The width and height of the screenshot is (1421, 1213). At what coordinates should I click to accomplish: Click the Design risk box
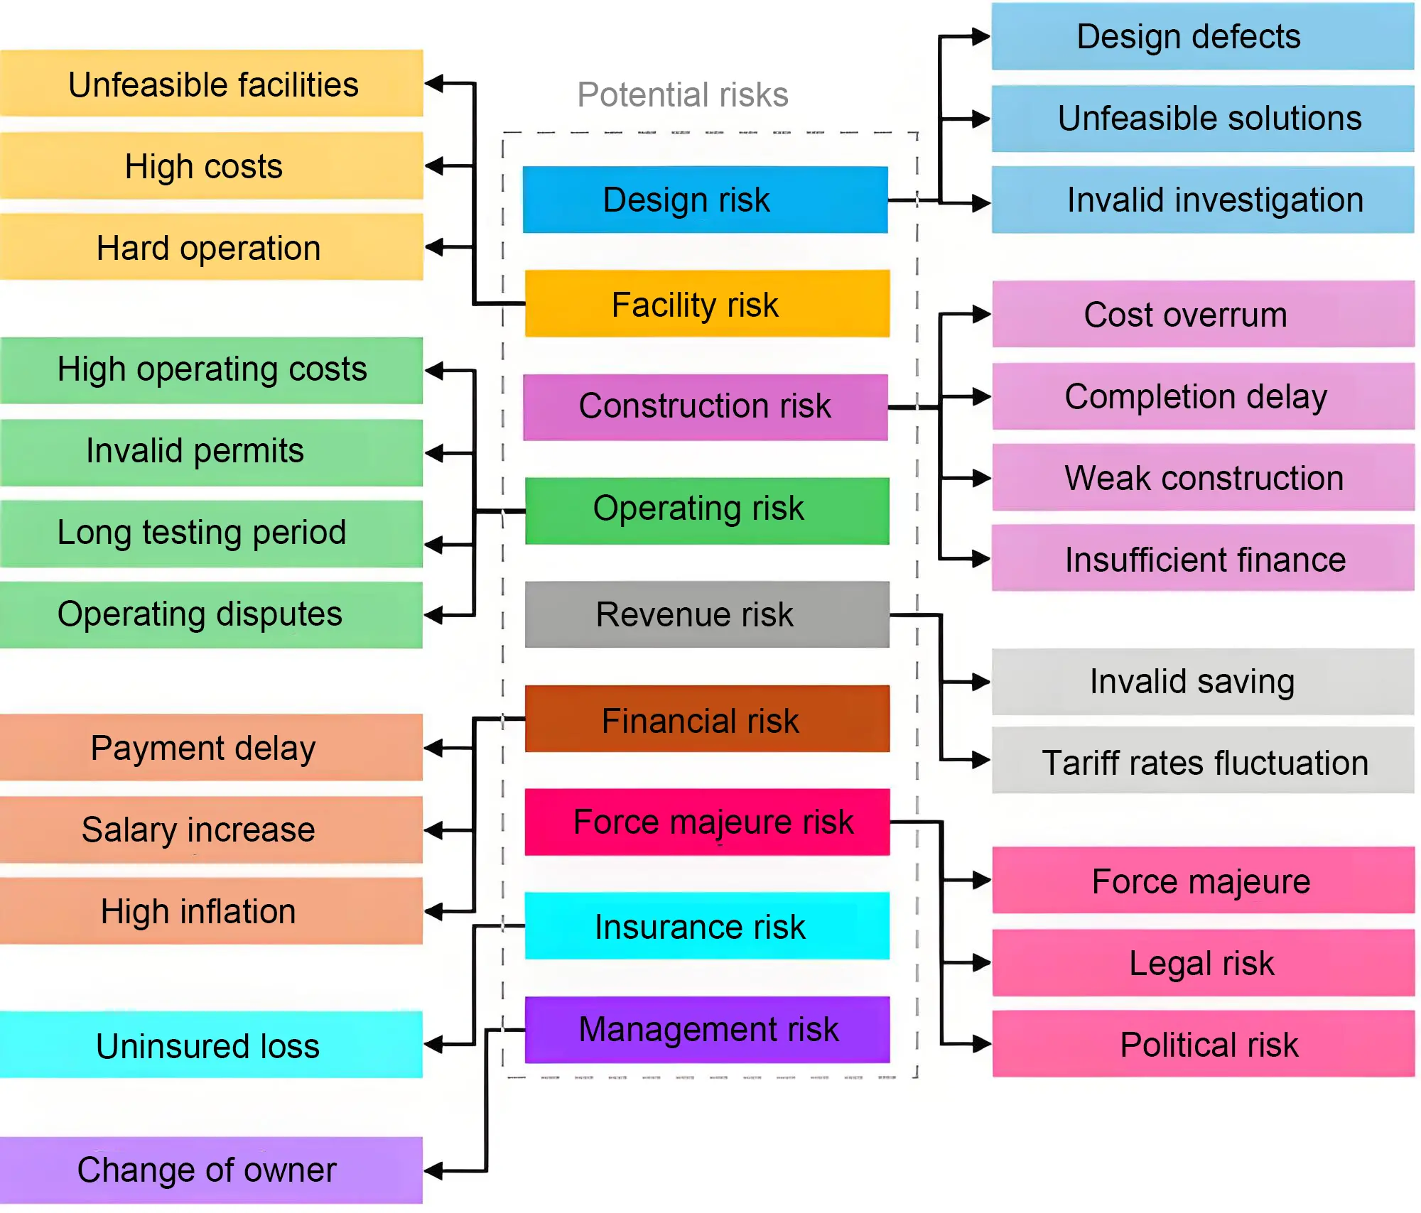point(705,200)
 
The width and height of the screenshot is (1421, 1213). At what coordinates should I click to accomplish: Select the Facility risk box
point(707,303)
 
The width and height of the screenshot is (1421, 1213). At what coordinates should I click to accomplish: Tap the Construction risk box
point(705,407)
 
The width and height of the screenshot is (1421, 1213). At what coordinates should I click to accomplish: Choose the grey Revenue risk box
point(707,614)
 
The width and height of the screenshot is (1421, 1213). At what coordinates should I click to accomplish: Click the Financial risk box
point(707,719)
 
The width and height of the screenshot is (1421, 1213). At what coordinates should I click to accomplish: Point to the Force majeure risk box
point(707,822)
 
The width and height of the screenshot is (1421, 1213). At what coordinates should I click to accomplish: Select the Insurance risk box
point(707,926)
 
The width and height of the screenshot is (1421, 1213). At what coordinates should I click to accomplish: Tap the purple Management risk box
point(707,1030)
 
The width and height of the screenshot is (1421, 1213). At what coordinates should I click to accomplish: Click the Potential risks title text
point(682,94)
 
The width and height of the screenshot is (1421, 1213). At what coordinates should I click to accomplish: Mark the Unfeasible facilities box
point(212,84)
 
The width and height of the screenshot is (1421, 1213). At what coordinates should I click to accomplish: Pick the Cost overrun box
point(1202,314)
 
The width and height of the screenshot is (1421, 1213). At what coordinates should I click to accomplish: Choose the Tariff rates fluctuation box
point(1202,761)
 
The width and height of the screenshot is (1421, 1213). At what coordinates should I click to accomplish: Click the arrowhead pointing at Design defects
point(981,36)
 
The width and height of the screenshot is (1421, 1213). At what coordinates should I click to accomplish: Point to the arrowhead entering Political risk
point(981,1044)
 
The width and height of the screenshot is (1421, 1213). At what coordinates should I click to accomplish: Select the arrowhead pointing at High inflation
point(434,911)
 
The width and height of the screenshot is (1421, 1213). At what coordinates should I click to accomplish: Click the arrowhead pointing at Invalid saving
point(981,682)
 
